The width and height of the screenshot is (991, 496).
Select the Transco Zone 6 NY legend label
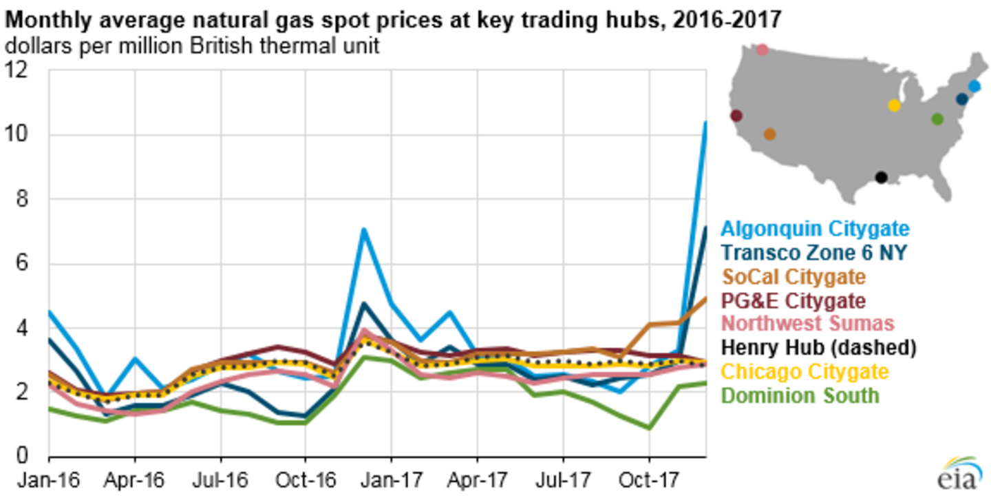coord(814,252)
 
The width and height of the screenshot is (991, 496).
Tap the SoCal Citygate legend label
coord(793,277)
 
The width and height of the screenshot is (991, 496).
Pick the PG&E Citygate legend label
coord(793,301)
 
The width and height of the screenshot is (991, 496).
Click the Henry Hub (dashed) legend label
coord(819,348)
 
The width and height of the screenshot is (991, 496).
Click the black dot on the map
coord(881,177)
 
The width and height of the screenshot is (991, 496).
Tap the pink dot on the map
coord(762,50)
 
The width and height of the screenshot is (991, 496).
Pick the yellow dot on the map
coord(894,105)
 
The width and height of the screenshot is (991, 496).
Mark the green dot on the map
coord(937,119)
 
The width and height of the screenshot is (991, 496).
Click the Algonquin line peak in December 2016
coord(363,229)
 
